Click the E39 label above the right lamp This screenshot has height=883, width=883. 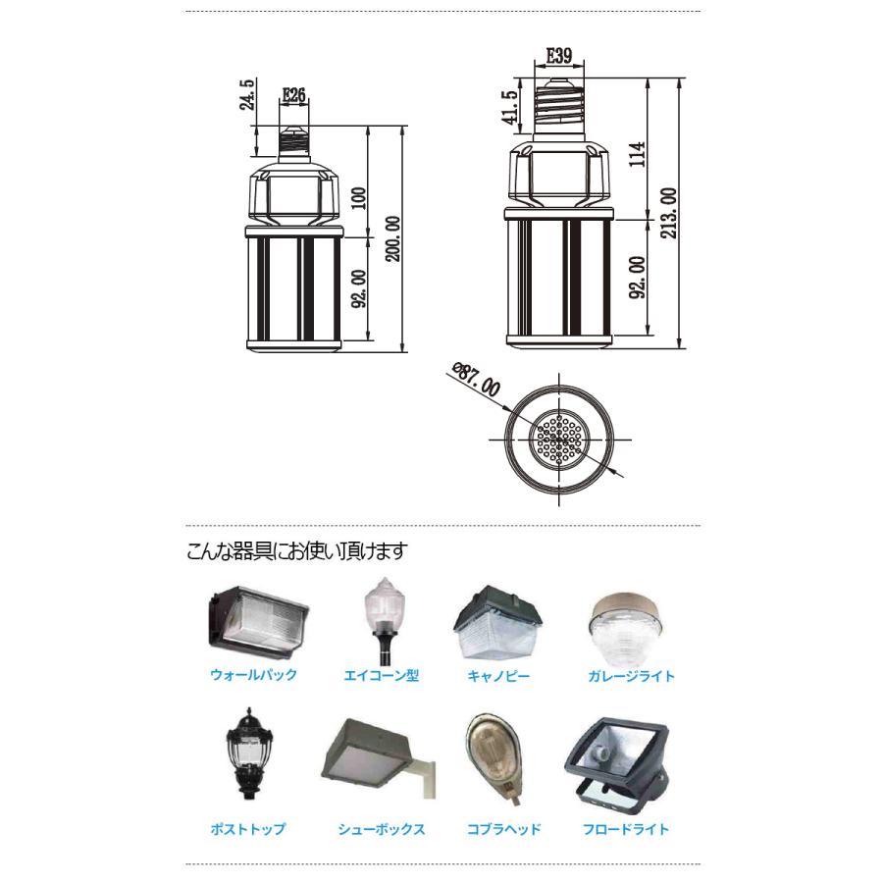(559, 56)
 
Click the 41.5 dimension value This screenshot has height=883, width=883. (508, 109)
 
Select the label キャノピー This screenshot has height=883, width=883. (498, 676)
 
